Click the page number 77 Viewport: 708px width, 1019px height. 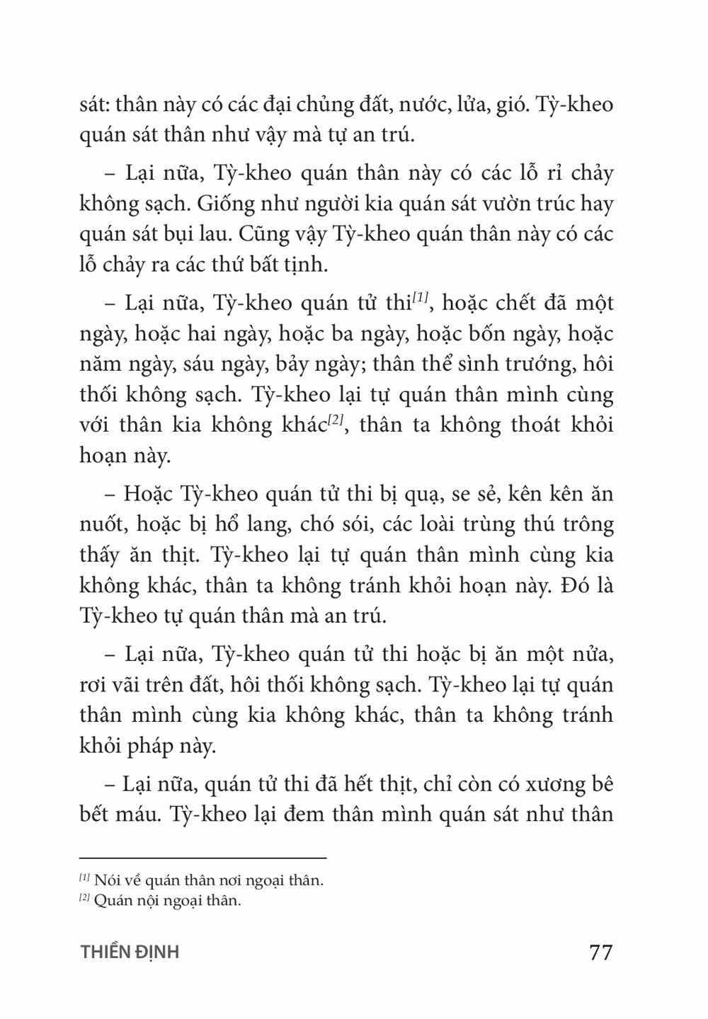coord(600,952)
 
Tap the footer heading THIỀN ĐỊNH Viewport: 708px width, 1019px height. coord(130,952)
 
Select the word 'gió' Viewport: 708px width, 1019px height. coord(510,105)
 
